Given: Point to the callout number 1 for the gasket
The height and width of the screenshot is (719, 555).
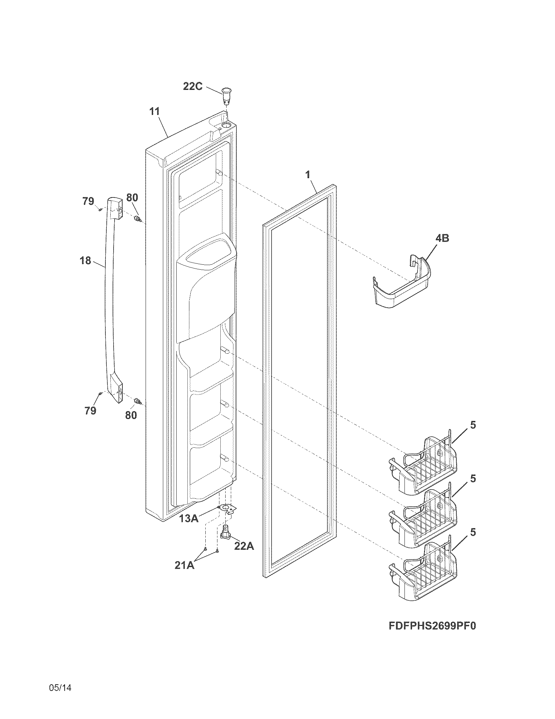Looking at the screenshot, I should (308, 175).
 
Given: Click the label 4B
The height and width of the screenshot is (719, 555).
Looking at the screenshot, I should (442, 238).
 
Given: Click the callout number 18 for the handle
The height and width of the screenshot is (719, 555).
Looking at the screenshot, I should (85, 261).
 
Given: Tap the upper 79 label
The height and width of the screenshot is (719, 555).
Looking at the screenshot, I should (88, 201).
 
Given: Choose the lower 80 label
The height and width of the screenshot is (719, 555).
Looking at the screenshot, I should (131, 415).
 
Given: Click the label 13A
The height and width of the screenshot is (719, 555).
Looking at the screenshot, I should (189, 519).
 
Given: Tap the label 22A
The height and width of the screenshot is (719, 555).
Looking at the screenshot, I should (244, 546).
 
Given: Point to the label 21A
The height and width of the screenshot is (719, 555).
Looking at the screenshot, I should (184, 565).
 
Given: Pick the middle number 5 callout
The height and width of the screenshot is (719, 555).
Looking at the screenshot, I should (472, 478).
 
